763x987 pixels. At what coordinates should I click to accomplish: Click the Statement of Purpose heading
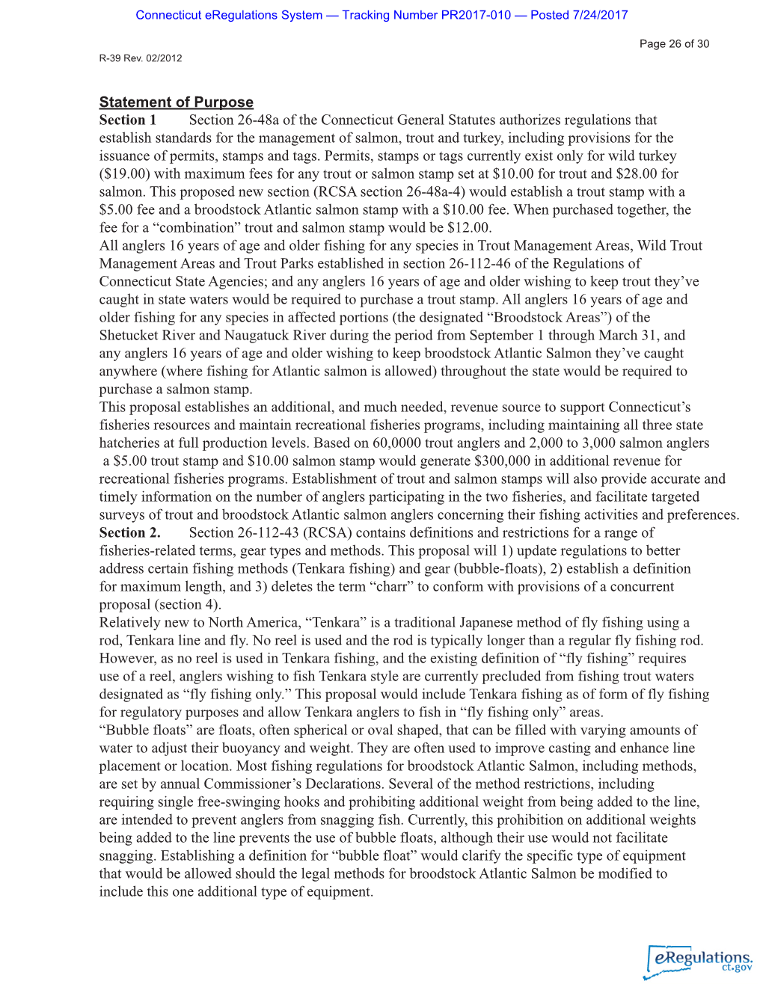[176, 102]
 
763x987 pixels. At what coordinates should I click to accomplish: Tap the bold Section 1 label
[127, 120]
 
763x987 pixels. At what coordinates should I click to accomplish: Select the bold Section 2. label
[129, 533]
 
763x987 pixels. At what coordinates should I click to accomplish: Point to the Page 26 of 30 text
[674, 44]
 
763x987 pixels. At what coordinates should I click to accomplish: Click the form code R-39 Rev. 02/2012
[141, 58]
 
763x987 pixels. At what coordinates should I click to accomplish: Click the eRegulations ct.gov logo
[699, 962]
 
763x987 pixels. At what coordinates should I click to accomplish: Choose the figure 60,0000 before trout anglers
[396, 443]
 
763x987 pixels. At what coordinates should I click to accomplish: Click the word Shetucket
[129, 336]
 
